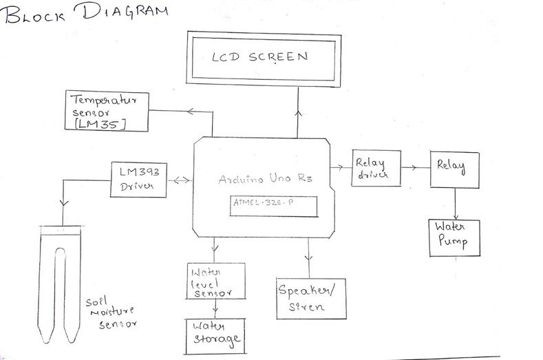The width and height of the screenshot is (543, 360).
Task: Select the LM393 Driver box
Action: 138,179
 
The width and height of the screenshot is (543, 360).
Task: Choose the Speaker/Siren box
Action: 309,298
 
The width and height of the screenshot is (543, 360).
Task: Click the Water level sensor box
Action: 215,280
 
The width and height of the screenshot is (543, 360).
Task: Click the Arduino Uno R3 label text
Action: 265,179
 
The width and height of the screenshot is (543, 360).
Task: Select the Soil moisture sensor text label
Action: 109,313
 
